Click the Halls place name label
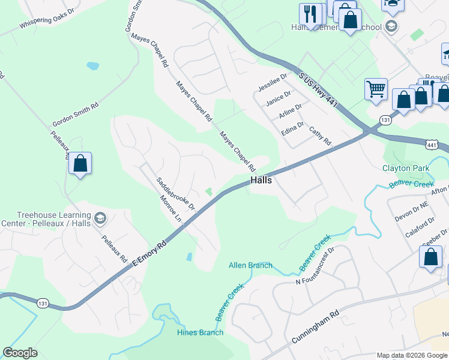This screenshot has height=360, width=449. pyautogui.click(x=261, y=180)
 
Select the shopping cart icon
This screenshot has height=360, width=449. pyautogui.click(x=376, y=89)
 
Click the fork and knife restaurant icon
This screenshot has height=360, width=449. pyautogui.click(x=311, y=14)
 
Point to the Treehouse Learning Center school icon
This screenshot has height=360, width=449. pyautogui.click(x=100, y=217)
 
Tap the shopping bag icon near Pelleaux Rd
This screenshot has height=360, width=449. pyautogui.click(x=80, y=163)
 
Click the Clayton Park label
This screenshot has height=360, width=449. pyautogui.click(x=406, y=169)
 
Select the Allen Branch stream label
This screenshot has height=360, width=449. pyautogui.click(x=250, y=265)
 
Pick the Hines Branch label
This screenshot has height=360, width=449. pyautogui.click(x=200, y=332)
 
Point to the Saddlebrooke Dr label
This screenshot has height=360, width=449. pyautogui.click(x=176, y=193)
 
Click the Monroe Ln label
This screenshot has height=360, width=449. pyautogui.click(x=170, y=210)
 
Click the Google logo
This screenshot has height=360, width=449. pyautogui.click(x=20, y=353)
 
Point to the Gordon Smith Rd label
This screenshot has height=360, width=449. pyautogui.click(x=75, y=112)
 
